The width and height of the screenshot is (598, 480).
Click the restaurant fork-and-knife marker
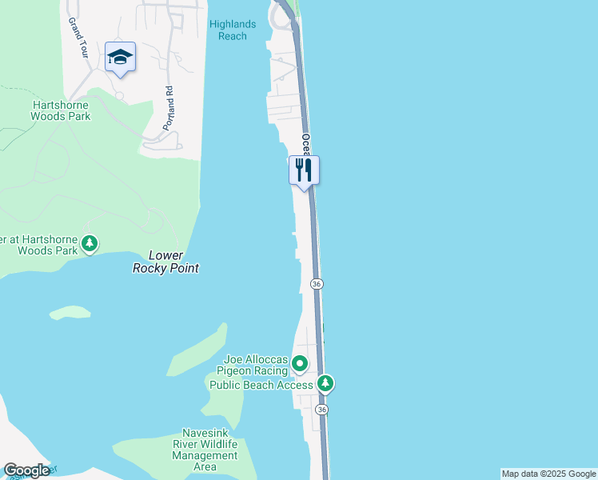pyautogui.click(x=304, y=170)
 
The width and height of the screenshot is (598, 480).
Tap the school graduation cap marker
pyautogui.click(x=120, y=57)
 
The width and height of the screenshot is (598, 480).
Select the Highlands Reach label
pyautogui.click(x=233, y=30)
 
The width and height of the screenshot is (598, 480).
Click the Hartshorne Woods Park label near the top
pyautogui.click(x=61, y=110)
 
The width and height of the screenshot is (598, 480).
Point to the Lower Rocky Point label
pyautogui.click(x=165, y=262)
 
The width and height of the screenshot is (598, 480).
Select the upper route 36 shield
pyautogui.click(x=317, y=284)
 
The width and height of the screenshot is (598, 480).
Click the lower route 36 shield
pyautogui.click(x=321, y=409)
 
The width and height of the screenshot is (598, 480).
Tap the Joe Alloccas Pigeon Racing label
pyautogui.click(x=254, y=365)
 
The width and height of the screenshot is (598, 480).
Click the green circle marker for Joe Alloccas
pyautogui.click(x=300, y=364)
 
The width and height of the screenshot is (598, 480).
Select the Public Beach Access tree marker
pyautogui.click(x=325, y=384)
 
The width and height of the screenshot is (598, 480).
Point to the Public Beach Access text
pyautogui.click(x=261, y=385)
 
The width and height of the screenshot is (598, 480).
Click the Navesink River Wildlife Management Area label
pyautogui.click(x=205, y=450)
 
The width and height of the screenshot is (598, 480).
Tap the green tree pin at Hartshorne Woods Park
pyautogui.click(x=90, y=242)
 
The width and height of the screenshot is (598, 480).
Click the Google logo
pyautogui.click(x=26, y=470)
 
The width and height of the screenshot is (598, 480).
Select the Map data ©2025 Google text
pyautogui.click(x=548, y=474)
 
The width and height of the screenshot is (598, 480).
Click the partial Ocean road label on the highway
pyautogui.click(x=306, y=145)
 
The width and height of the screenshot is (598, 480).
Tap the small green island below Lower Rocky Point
pyautogui.click(x=70, y=312)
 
